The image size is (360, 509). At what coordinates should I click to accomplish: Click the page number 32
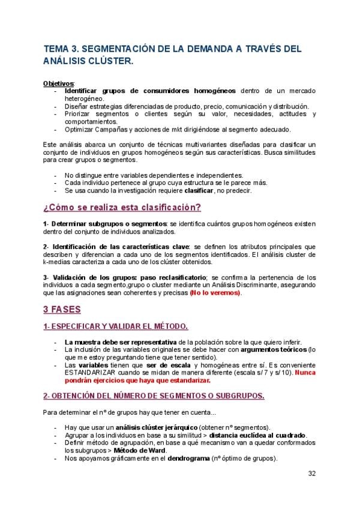pyautogui.click(x=312, y=473)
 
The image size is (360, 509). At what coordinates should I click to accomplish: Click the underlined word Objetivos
pyautogui.click(x=58, y=83)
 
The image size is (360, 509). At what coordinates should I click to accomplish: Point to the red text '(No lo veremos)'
pyautogui.click(x=215, y=292)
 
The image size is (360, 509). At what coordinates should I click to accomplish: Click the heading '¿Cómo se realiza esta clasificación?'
pyautogui.click(x=122, y=208)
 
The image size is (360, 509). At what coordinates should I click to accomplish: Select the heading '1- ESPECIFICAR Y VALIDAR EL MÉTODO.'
pyautogui.click(x=116, y=326)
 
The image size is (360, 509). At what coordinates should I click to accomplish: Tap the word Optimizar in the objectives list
pyautogui.click(x=82, y=128)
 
